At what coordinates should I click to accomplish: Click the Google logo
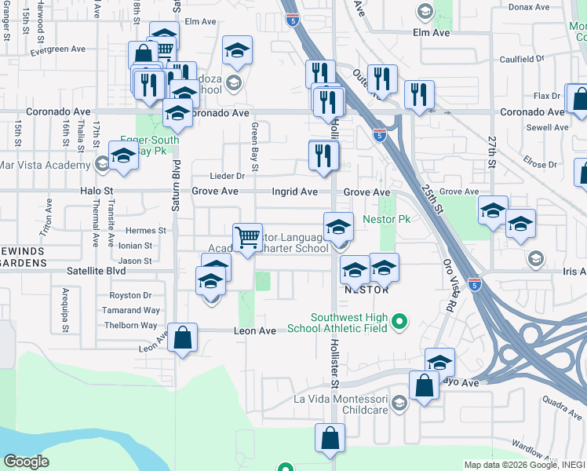(x=27, y=462)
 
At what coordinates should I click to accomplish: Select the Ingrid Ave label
(x=294, y=192)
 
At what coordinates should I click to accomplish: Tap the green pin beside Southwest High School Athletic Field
(x=399, y=321)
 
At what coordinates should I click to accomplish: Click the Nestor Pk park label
(x=387, y=219)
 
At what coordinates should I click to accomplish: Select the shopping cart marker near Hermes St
(x=247, y=236)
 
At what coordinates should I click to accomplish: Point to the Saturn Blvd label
(x=176, y=185)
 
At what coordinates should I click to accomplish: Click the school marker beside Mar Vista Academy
(x=123, y=156)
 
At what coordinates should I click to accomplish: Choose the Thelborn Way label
(x=132, y=325)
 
